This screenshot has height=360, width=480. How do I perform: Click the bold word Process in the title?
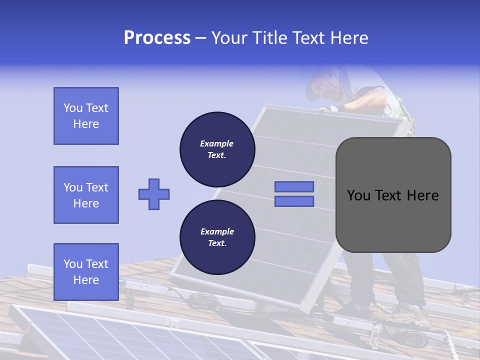click(157, 38)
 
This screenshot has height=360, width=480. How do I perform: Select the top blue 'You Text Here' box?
click(86, 116)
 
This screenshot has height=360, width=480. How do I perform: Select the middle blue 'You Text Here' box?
click(86, 195)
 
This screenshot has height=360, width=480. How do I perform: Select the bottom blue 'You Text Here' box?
click(86, 271)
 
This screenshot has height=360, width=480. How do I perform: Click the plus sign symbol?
click(154, 194)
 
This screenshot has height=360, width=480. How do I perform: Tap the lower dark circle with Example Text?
click(217, 237)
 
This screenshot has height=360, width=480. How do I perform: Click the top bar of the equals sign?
click(294, 186)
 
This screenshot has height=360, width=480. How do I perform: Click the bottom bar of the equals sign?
click(294, 201)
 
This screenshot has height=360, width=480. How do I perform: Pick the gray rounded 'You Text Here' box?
click(393, 220)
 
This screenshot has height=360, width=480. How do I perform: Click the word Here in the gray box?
click(423, 195)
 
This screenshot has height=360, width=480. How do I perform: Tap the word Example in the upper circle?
click(217, 143)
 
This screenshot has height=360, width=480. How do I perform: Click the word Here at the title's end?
click(348, 38)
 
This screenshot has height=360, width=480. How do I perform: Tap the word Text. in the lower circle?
click(217, 243)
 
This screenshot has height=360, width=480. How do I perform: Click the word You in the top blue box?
click(73, 108)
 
